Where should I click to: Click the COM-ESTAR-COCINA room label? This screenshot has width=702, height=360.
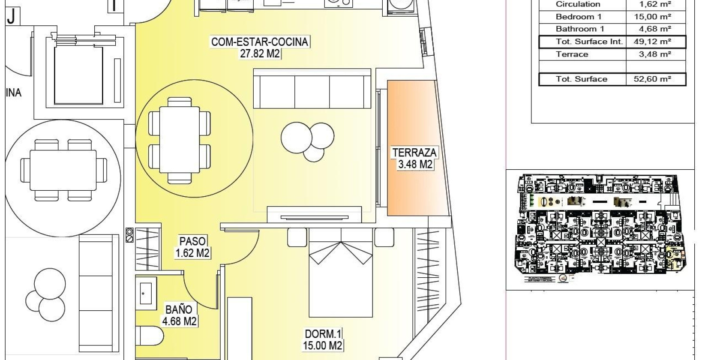260,42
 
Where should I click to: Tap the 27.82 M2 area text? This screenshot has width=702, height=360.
260,53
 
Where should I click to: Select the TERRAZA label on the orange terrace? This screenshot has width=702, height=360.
414,153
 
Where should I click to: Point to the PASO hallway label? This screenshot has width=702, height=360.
193,241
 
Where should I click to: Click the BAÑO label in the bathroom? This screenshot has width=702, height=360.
179,309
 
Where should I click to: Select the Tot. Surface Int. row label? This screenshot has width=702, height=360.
582,42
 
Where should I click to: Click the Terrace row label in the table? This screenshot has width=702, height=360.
572,54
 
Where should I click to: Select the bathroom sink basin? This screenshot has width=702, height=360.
146,291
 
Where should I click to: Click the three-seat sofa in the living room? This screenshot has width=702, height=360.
312,90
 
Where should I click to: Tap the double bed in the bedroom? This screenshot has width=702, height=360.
340,279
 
